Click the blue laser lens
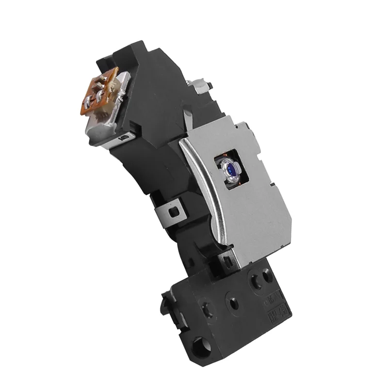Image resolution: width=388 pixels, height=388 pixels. (229, 168)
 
